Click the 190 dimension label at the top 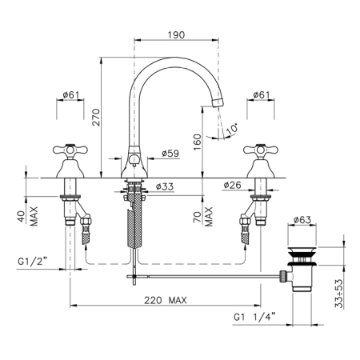coord(176,35)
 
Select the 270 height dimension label coord(96,117)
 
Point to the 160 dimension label coord(198,142)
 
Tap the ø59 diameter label coord(170,154)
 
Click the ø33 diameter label coord(165,186)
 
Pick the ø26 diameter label coord(232,185)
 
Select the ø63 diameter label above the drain coord(302,220)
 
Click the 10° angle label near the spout coord(232,129)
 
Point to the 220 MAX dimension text coord(166,300)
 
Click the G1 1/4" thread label coord(254,317)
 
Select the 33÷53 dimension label coord(339,294)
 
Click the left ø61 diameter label coord(71,94)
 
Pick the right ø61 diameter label coord(262,94)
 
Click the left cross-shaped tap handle coord(70,150)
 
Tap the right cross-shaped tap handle coord(261,150)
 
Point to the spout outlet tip coord(218,103)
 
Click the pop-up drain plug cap coord(302,250)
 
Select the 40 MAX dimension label coord(30,216)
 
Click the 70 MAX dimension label coord(203,216)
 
